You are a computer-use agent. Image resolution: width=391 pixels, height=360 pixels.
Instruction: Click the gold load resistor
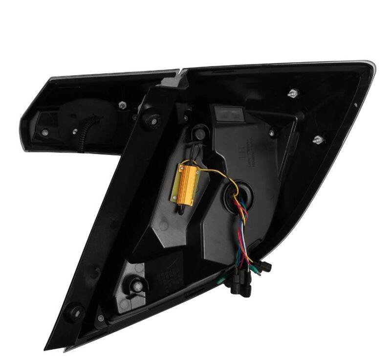click(x=183, y=181)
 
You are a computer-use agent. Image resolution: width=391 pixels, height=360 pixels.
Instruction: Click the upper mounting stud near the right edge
click(x=292, y=92)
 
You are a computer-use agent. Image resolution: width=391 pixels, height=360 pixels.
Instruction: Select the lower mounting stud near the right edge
click(x=318, y=140)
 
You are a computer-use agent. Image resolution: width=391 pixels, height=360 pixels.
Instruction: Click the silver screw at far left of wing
click(x=45, y=133)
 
